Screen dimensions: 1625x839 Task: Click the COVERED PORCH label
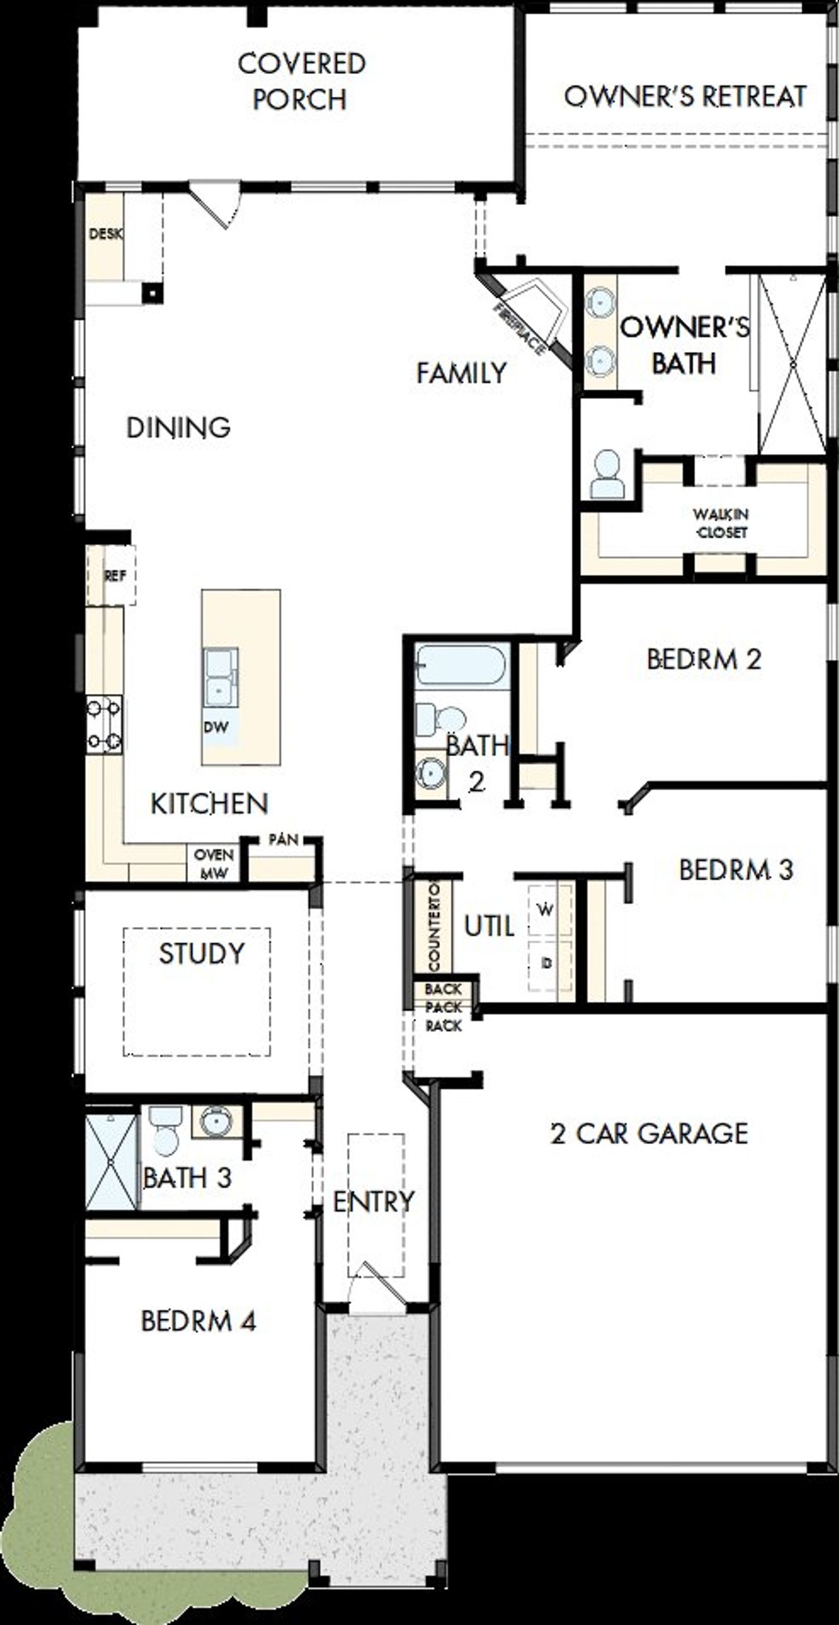pyautogui.click(x=301, y=81)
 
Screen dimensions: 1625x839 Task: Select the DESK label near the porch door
pyautogui.click(x=106, y=234)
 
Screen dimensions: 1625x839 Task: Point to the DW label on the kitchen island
pyautogui.click(x=216, y=727)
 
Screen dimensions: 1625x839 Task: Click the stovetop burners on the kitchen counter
pyautogui.click(x=105, y=723)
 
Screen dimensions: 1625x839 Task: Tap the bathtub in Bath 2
pyautogui.click(x=461, y=664)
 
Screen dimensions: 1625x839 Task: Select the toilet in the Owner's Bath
pyautogui.click(x=608, y=474)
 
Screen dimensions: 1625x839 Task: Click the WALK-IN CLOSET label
pyautogui.click(x=722, y=523)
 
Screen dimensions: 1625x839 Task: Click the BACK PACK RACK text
pyautogui.click(x=443, y=1007)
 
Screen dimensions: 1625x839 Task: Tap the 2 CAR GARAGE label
pyautogui.click(x=649, y=1133)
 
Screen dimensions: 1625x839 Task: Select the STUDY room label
pyautogui.click(x=201, y=953)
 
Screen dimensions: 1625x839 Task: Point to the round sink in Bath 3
pyautogui.click(x=215, y=1122)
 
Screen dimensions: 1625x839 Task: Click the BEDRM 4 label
pyautogui.click(x=198, y=1320)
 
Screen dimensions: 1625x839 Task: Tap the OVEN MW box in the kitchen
pyautogui.click(x=214, y=864)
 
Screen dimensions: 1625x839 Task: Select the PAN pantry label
pyautogui.click(x=283, y=840)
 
